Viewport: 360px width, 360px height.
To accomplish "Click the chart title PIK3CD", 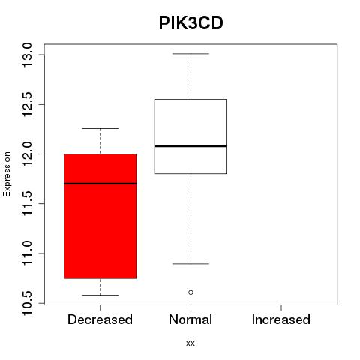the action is click(190, 23).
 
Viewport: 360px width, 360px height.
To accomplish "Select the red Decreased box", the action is click(100, 216).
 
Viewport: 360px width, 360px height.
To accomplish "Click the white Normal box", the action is click(190, 136).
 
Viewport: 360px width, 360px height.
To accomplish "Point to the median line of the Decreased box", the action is click(100, 184).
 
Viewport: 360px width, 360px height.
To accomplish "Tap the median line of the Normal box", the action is click(190, 146).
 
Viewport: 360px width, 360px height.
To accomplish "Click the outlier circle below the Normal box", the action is click(190, 292).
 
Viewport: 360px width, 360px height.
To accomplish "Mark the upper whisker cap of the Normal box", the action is click(190, 54).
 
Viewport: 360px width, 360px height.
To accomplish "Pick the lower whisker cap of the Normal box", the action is click(190, 264).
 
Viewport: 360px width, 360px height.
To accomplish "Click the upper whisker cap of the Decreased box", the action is click(100, 128).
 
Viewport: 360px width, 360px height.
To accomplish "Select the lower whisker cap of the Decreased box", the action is click(100, 295).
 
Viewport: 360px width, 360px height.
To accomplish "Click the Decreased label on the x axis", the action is click(100, 319).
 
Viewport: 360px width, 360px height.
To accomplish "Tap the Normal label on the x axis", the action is click(190, 319).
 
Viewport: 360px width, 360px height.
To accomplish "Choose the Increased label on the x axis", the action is click(281, 319).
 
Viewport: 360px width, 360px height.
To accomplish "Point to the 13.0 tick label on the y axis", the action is click(27, 55).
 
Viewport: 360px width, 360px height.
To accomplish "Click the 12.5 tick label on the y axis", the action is click(27, 104).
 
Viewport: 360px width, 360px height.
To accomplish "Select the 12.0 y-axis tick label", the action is click(27, 154).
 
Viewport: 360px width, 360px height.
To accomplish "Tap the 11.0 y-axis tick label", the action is click(27, 253).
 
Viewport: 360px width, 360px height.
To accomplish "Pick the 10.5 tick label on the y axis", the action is click(27, 303).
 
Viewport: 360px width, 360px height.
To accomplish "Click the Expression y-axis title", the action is click(7, 174).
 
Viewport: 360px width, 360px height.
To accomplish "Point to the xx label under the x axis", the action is click(190, 343).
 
